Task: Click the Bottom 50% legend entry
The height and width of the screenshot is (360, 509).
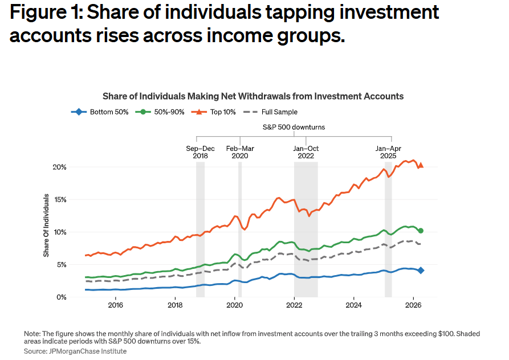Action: click(x=100, y=112)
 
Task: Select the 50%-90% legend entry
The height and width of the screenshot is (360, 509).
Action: click(x=160, y=112)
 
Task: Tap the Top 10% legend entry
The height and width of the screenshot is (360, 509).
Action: click(x=213, y=112)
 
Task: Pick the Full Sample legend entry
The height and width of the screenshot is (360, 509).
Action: click(x=270, y=112)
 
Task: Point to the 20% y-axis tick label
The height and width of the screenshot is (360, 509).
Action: click(x=59, y=167)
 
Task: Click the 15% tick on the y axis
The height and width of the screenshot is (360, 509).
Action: click(x=60, y=200)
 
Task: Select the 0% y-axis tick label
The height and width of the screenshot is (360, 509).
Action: click(x=62, y=297)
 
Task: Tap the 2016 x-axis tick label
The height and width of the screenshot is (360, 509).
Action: click(x=116, y=305)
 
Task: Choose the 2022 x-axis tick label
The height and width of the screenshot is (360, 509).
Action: click(x=294, y=305)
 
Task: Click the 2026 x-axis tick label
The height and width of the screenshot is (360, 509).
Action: click(x=413, y=305)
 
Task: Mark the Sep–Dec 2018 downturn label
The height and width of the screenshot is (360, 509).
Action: click(x=200, y=152)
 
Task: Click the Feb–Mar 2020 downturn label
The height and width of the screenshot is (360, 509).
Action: click(x=240, y=152)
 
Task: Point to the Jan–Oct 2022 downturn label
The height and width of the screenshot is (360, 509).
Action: click(x=306, y=152)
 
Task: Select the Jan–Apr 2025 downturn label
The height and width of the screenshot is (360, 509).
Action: click(x=388, y=152)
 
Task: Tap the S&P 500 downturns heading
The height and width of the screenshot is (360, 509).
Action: click(x=294, y=127)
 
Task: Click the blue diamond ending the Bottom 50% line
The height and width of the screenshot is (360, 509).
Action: click(x=421, y=271)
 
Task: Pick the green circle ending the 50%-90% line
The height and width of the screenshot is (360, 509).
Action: click(x=421, y=231)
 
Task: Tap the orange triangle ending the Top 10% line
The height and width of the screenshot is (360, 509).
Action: click(x=421, y=165)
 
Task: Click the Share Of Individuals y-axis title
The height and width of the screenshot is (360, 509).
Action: click(x=46, y=226)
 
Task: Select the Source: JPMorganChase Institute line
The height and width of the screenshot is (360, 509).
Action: click(x=75, y=351)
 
